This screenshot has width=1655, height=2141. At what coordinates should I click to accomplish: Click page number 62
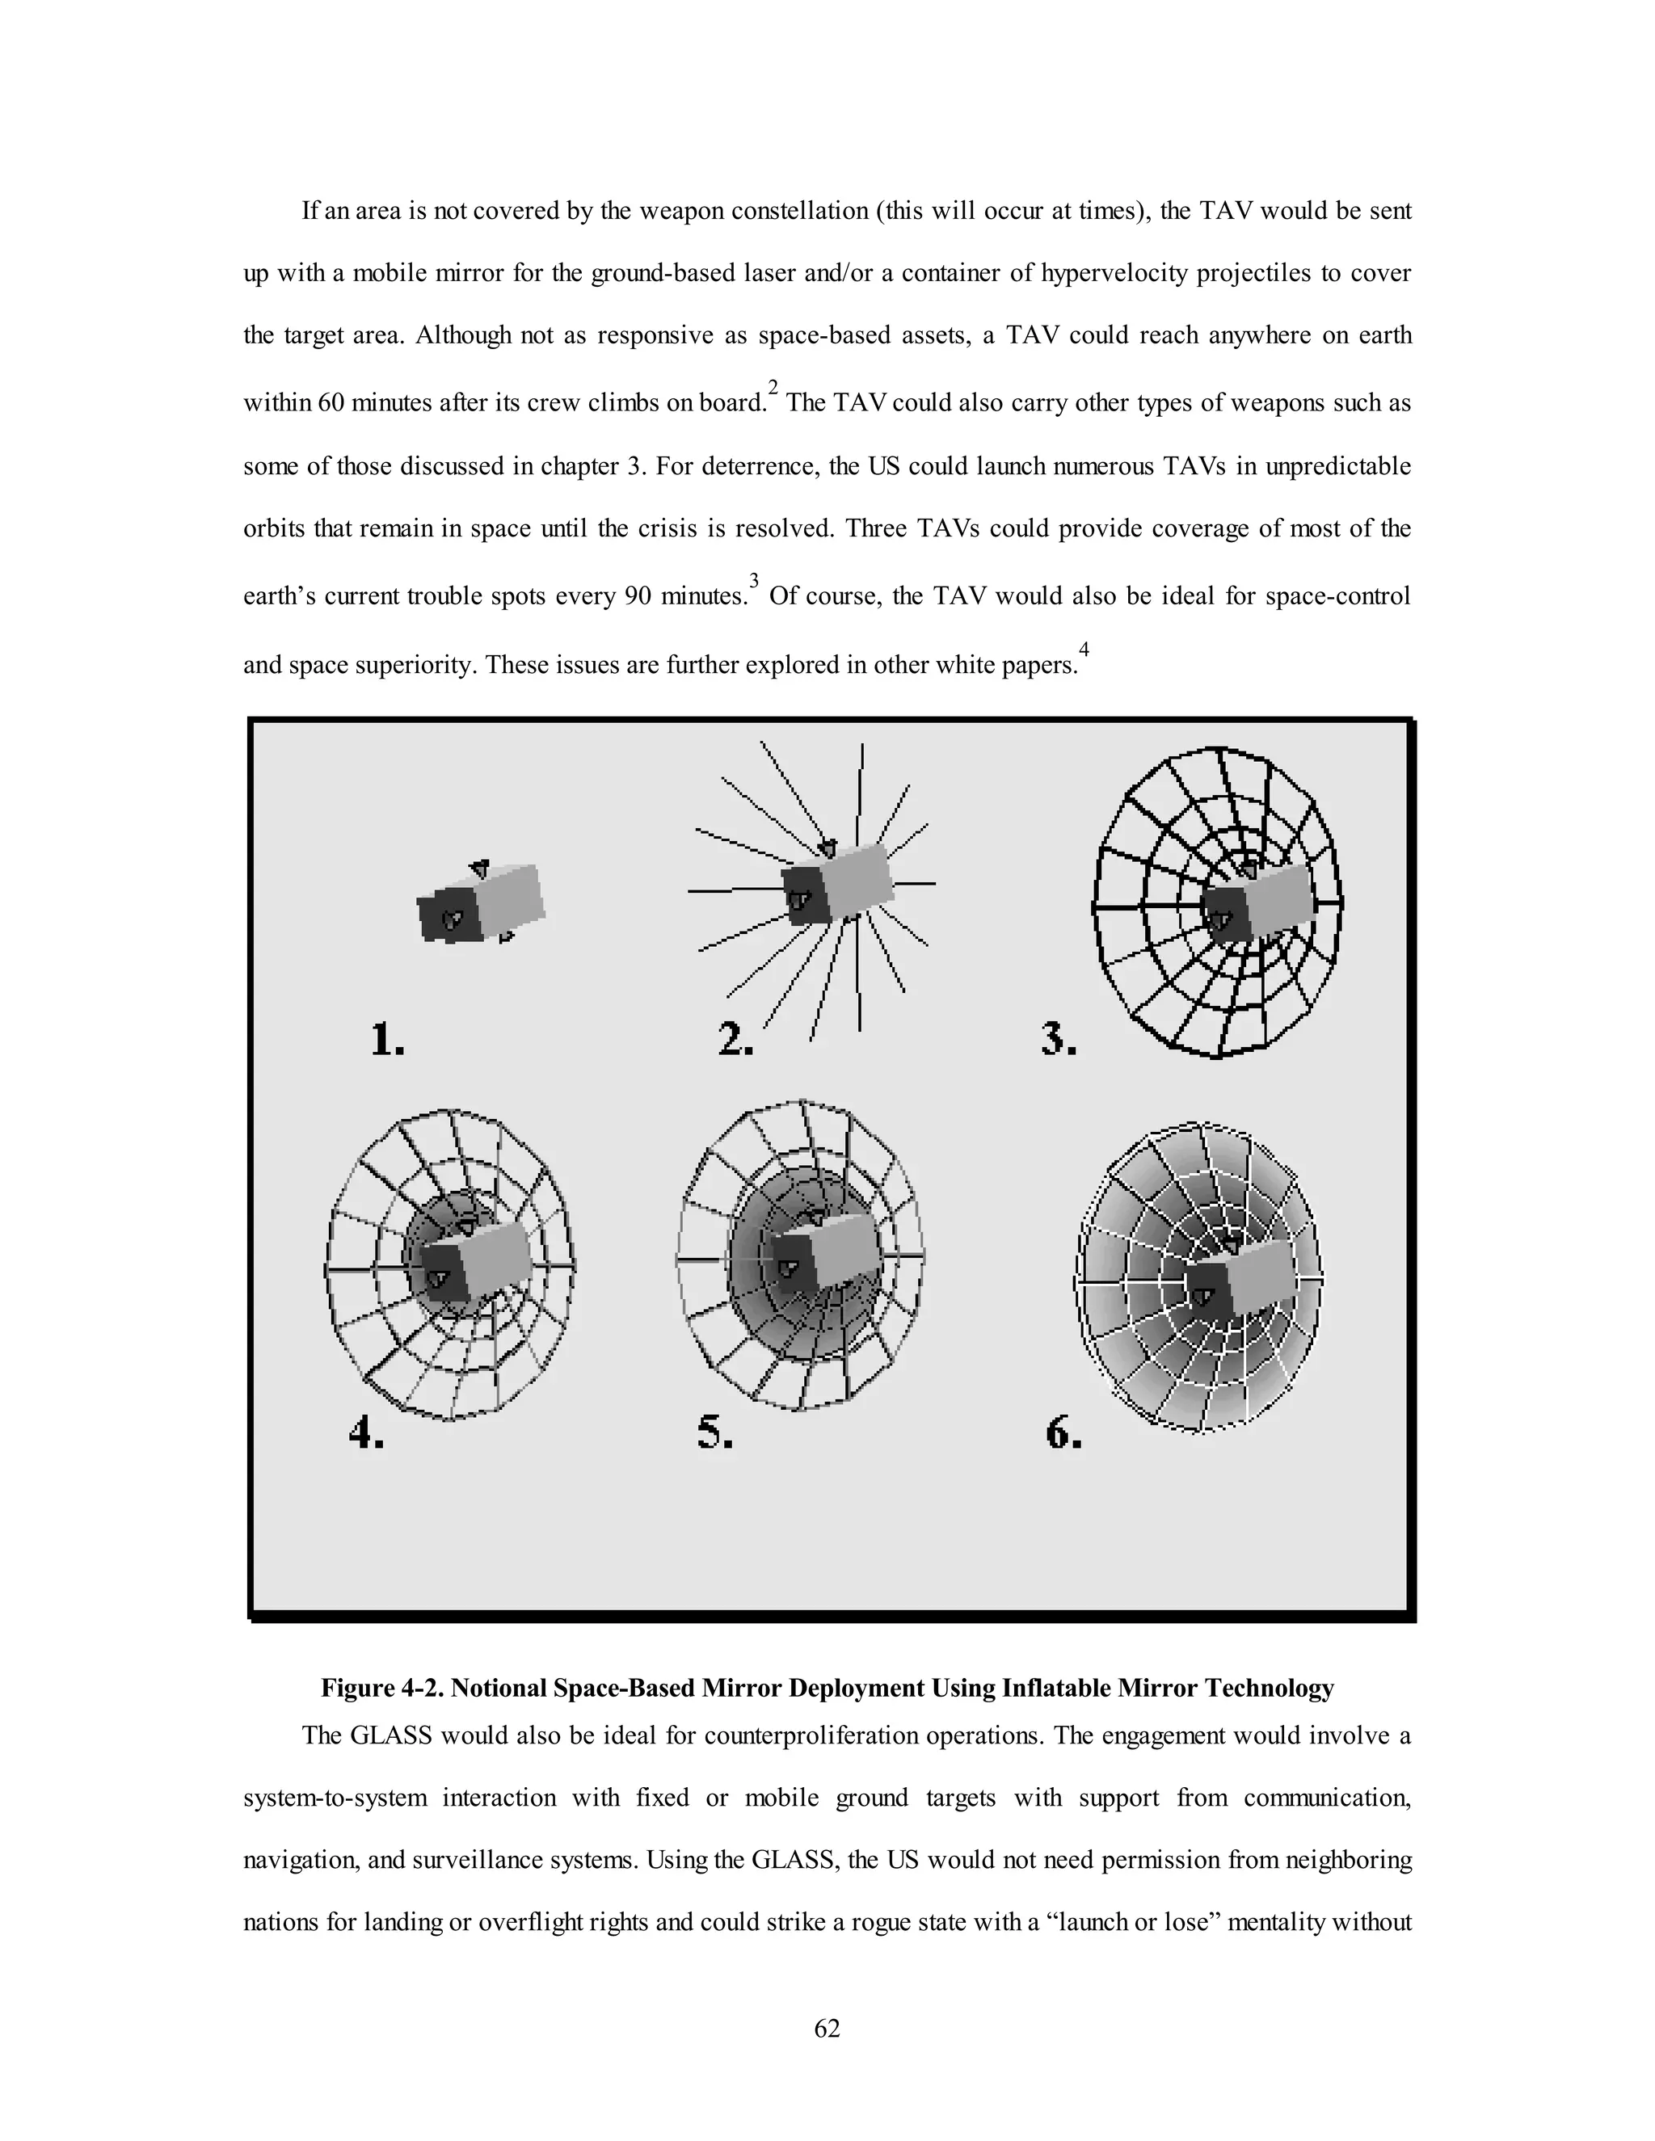click(x=827, y=2030)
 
